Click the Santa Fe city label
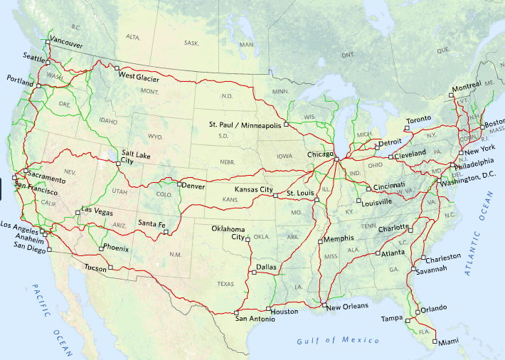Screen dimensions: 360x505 (x=151, y=224)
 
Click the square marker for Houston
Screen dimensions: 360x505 (x=268, y=308)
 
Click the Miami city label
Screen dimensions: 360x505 (x=449, y=343)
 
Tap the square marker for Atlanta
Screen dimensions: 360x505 (x=377, y=253)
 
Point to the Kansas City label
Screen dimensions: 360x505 (x=254, y=189)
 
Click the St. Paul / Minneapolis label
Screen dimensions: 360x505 (x=245, y=124)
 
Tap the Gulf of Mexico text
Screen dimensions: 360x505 (x=338, y=341)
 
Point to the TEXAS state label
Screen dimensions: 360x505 (x=225, y=283)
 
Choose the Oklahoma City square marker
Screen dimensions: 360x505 (x=248, y=239)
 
